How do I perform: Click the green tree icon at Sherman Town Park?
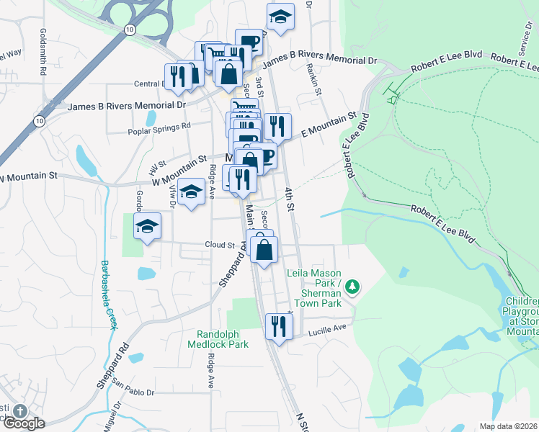point(352,287)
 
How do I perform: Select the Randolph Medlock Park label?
point(223,338)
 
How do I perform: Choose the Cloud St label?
point(220,245)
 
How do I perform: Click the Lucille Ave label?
point(328,328)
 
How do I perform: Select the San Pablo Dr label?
point(133,393)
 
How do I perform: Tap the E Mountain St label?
point(329,123)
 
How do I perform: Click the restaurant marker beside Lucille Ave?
point(277,327)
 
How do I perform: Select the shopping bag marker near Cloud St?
point(264,250)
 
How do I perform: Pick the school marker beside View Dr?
point(191,192)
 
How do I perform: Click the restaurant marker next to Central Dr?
point(177,76)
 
